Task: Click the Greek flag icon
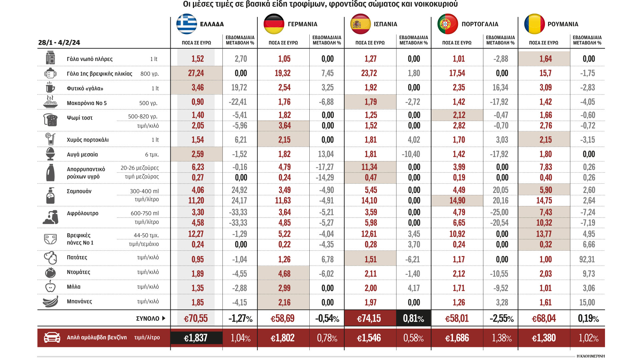(x=187, y=24)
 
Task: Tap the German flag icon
(x=274, y=24)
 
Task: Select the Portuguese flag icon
(x=447, y=24)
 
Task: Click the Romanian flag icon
(x=534, y=24)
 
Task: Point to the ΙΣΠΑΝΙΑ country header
(x=385, y=24)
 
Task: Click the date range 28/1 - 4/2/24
(x=59, y=43)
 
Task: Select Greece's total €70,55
(x=196, y=319)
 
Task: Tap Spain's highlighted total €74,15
(x=369, y=319)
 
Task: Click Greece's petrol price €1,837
(x=196, y=338)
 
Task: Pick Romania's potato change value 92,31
(x=587, y=259)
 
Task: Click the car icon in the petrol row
(x=52, y=337)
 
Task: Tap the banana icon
(x=51, y=302)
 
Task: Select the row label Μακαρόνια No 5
(x=87, y=103)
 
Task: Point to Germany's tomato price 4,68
(x=284, y=274)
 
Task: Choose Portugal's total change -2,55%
(x=502, y=319)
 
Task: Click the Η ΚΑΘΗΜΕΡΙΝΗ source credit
(x=590, y=356)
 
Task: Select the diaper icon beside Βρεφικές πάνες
(x=51, y=239)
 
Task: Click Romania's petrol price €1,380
(x=544, y=338)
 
